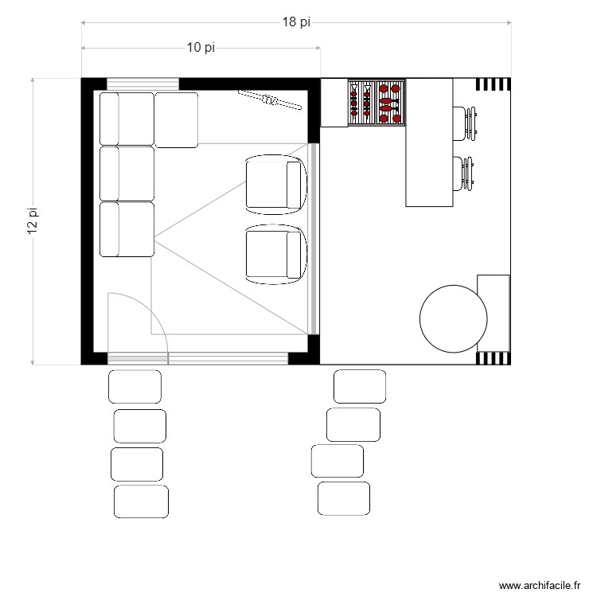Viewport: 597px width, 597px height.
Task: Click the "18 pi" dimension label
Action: [x=296, y=22]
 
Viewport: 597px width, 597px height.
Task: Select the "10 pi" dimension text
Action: [x=201, y=48]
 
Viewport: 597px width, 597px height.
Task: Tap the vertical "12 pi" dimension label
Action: [x=33, y=220]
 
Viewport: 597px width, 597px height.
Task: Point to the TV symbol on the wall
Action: [x=271, y=99]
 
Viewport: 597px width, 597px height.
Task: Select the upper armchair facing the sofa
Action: [x=275, y=185]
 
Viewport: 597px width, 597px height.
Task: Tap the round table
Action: [x=453, y=318]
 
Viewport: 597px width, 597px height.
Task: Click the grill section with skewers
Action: [x=361, y=102]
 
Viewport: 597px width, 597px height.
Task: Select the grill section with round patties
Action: [x=390, y=102]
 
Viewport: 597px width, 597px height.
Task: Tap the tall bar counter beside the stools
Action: [x=429, y=143]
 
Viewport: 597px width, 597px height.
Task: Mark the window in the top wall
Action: [x=143, y=84]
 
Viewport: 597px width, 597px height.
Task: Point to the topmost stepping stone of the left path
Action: [x=135, y=387]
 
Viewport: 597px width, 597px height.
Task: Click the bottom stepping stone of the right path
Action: [x=344, y=498]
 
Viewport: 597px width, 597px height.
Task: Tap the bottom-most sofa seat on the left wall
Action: [x=127, y=229]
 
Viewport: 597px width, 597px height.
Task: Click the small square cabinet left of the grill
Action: [x=334, y=102]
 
